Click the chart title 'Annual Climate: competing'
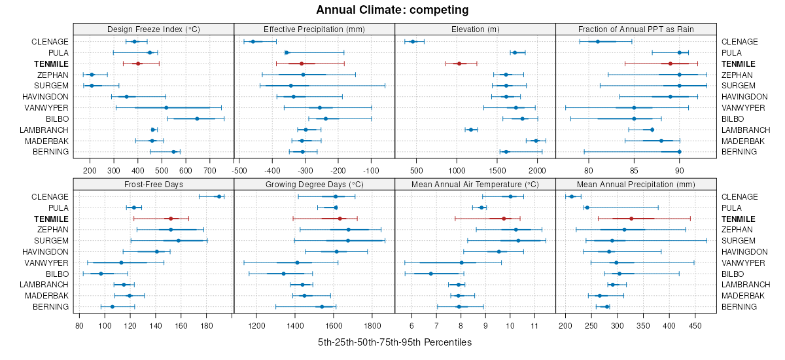pos(392,10)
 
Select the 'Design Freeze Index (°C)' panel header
pos(154,29)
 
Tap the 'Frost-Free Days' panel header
pos(154,184)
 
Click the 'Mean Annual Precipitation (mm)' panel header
pos(636,184)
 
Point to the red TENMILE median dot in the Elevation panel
pos(459,63)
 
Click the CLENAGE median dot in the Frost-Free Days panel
pos(219,196)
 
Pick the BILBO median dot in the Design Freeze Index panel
pos(197,118)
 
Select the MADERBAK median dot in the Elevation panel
pos(536,141)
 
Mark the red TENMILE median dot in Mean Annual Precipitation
pos(631,219)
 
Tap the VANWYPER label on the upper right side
pos(742,107)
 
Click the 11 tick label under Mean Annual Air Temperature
pos(534,325)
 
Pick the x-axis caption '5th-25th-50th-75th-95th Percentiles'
pos(394,342)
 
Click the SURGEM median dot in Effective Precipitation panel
pos(291,86)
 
